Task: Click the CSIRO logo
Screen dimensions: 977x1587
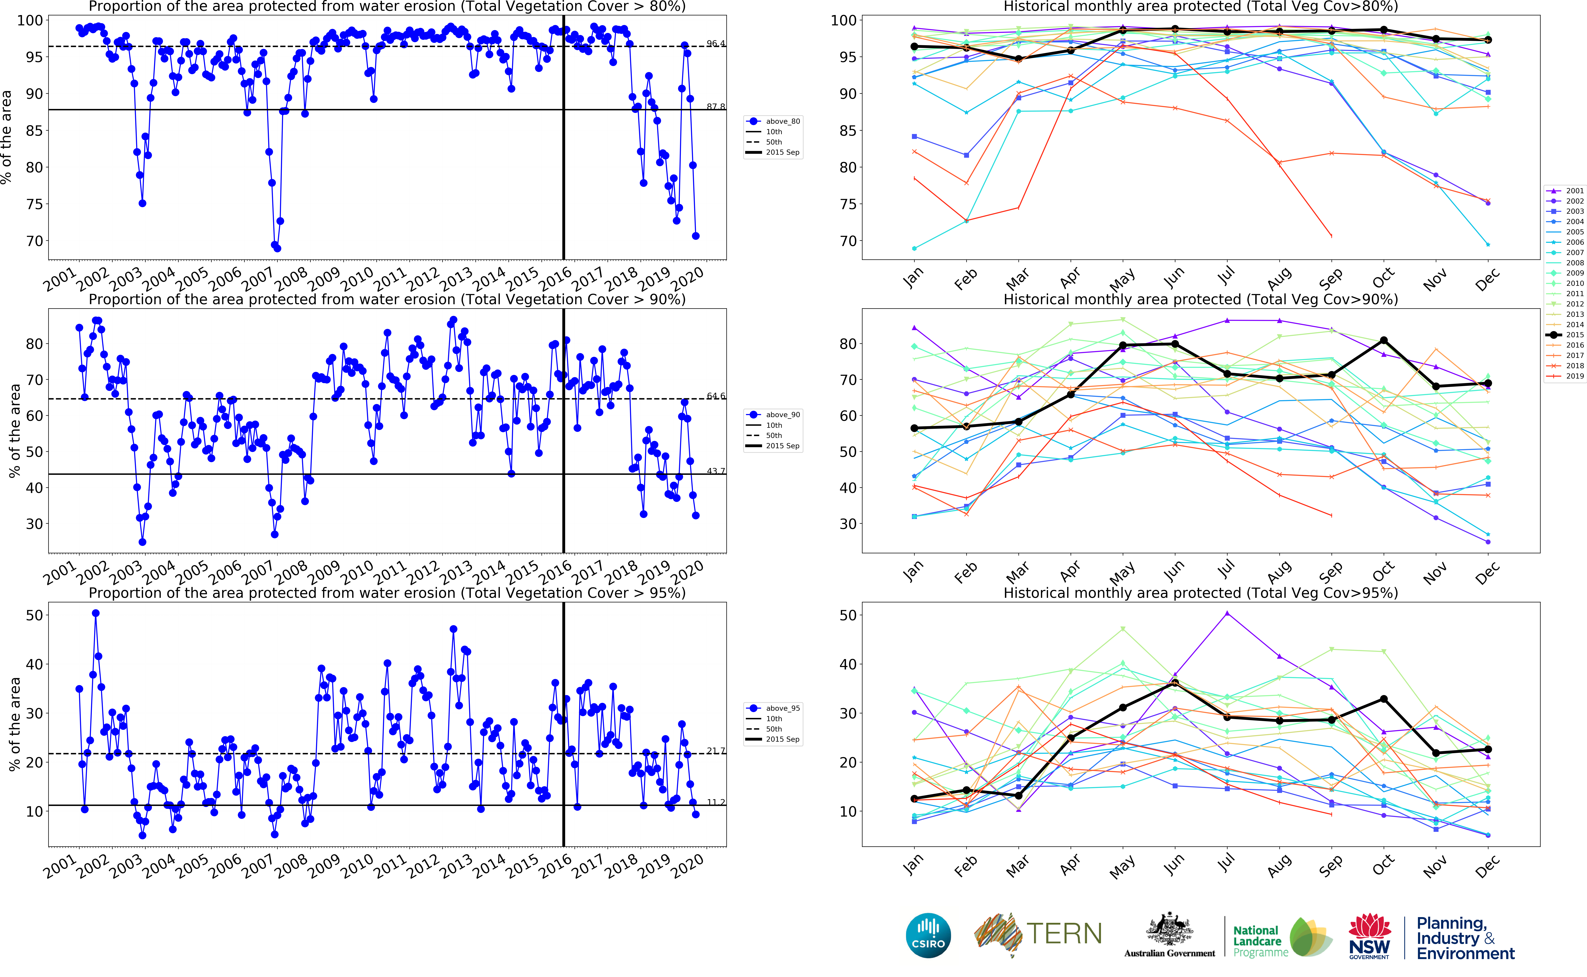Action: click(x=928, y=935)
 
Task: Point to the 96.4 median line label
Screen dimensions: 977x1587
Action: click(x=716, y=44)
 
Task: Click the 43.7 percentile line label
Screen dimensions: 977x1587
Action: click(x=716, y=471)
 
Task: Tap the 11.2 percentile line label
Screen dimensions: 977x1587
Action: click(x=716, y=803)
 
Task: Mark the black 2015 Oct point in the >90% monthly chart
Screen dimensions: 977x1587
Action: click(x=1383, y=340)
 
